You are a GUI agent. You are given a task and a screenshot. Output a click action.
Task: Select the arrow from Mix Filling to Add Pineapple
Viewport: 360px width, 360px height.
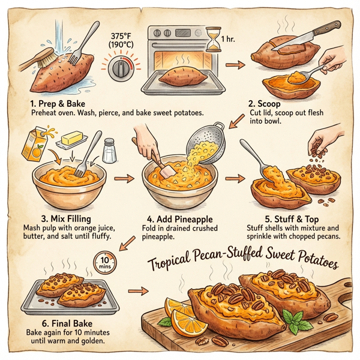125,179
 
